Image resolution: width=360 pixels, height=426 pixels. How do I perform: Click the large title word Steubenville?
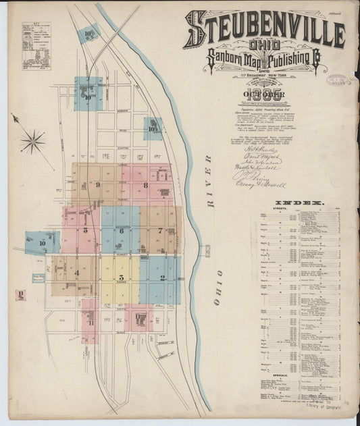point(263,30)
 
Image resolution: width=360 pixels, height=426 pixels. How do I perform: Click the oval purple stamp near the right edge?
point(338,80)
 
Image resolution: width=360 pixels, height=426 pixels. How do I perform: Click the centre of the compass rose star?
point(32,141)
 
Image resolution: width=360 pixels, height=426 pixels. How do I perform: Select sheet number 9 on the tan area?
point(98,184)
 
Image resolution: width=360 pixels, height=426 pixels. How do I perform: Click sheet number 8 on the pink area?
point(145,184)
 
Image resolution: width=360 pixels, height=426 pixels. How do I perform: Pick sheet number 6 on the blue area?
point(120,231)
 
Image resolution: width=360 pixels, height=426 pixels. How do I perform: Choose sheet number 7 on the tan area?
point(160,231)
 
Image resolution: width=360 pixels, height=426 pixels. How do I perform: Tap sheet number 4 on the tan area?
point(76,273)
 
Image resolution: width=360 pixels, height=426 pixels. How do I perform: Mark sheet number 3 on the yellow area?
point(120,277)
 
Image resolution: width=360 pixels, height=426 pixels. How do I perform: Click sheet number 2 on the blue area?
point(162,277)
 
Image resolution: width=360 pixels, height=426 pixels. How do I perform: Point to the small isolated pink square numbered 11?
point(22,294)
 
